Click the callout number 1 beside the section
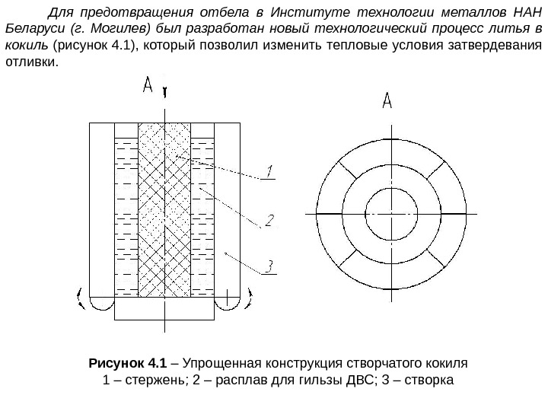pyautogui.click(x=270, y=169)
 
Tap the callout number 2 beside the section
pyautogui.click(x=269, y=221)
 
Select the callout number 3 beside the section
pyautogui.click(x=268, y=266)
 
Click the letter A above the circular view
pyautogui.click(x=387, y=100)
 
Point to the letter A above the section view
pyautogui.click(x=150, y=88)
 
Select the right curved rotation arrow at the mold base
pyautogui.click(x=247, y=300)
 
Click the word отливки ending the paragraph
pyautogui.click(x=30, y=61)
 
